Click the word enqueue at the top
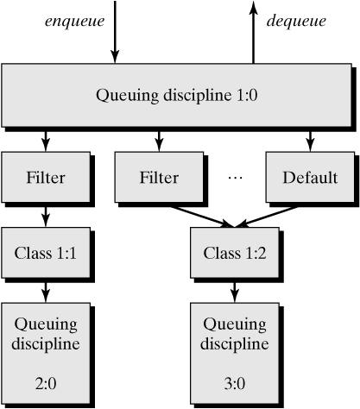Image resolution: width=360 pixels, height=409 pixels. pos(73,20)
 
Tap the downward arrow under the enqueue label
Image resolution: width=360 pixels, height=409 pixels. pos(114,35)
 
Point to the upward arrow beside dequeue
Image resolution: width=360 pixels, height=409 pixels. pos(253,30)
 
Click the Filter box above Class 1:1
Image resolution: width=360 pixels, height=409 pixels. pos(44,178)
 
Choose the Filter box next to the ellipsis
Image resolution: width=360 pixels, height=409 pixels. pos(158,178)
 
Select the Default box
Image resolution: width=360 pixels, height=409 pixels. pos(309,178)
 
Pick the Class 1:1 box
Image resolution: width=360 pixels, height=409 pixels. pos(44,254)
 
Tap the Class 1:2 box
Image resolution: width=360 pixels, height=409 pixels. pos(233,254)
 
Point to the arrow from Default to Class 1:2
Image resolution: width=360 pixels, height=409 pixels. pos(272,215)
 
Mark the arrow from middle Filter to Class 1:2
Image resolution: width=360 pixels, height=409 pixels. pos(197,215)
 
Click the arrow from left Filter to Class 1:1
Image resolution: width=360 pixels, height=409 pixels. pos(44,215)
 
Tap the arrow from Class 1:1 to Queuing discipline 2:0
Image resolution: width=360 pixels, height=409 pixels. pos(44,291)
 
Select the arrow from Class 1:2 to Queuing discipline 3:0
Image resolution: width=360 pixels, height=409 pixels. pos(233,291)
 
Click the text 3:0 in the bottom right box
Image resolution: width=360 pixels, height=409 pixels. pos(233,381)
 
